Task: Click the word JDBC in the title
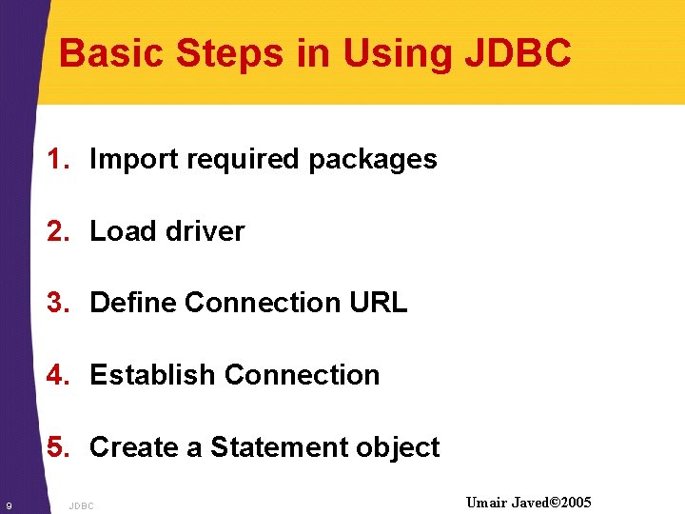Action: (x=518, y=53)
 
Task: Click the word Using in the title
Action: (x=399, y=53)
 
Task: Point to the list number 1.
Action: (x=59, y=159)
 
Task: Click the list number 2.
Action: (x=59, y=231)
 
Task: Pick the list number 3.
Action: (x=59, y=303)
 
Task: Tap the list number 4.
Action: (x=59, y=375)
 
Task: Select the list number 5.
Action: (x=59, y=447)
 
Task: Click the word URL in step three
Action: (x=379, y=303)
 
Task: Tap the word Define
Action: (x=133, y=303)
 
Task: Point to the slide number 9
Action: (x=9, y=504)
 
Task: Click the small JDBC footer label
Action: (x=82, y=505)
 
